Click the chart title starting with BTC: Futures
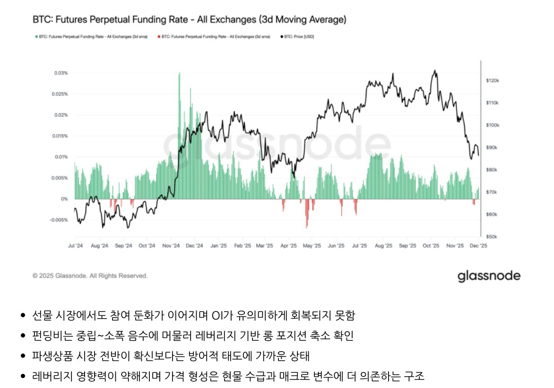coord(189,20)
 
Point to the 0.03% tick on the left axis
coord(61,73)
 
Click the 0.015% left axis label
coord(61,136)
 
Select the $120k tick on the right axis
coord(493,81)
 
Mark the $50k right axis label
coord(492,236)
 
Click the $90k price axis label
coord(492,148)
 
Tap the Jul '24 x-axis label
coord(75,246)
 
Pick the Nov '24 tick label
coord(170,246)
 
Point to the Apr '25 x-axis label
coord(288,246)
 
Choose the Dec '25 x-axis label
coord(478,246)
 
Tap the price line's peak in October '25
coord(434,71)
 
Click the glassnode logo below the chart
coord(489,276)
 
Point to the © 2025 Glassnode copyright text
coord(90,276)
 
